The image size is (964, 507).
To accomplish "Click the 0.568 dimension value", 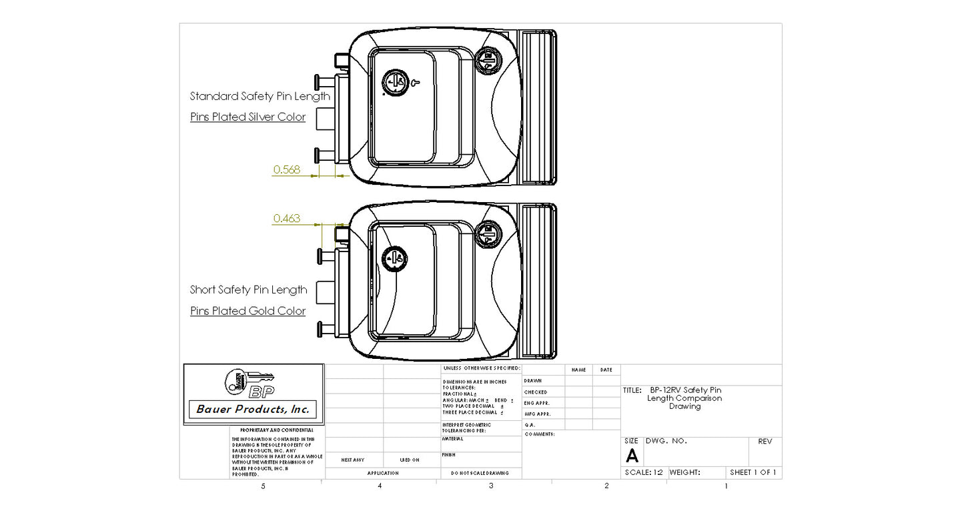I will pyautogui.click(x=286, y=169).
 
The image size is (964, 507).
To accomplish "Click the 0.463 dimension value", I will pyautogui.click(x=286, y=218).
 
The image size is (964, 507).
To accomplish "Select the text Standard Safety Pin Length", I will pyautogui.click(x=260, y=96).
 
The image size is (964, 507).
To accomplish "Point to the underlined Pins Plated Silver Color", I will pyautogui.click(x=248, y=117).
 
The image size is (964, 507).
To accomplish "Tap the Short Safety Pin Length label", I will pyautogui.click(x=248, y=290).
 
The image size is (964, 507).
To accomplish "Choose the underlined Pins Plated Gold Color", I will pyautogui.click(x=248, y=311).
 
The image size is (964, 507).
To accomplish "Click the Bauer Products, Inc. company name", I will pyautogui.click(x=253, y=409).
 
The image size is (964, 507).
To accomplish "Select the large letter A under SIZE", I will pyautogui.click(x=632, y=456).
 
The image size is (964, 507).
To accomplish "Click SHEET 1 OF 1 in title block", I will pyautogui.click(x=753, y=472).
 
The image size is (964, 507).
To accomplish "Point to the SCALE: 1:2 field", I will pyautogui.click(x=643, y=472).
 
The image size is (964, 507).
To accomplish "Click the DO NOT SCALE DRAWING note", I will pyautogui.click(x=480, y=473).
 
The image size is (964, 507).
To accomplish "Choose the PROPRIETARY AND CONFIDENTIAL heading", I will pyautogui.click(x=276, y=430).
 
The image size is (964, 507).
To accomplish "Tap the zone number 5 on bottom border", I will pyautogui.click(x=263, y=486).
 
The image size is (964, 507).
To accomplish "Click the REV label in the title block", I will pyautogui.click(x=765, y=442).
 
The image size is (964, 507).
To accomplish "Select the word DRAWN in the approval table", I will pyautogui.click(x=532, y=381).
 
